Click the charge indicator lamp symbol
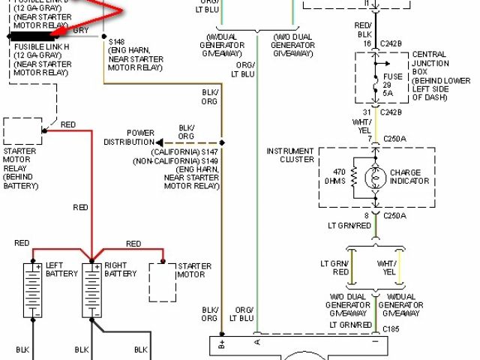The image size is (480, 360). (376, 178)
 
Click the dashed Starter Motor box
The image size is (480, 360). (161, 281)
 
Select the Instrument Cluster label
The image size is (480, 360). (290, 156)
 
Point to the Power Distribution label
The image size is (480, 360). (129, 137)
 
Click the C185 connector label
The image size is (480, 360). (391, 329)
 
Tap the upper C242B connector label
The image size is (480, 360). (391, 44)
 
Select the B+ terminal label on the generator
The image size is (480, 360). (221, 346)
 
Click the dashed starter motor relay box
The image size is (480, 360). (24, 130)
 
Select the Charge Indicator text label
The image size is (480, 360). (409, 176)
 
